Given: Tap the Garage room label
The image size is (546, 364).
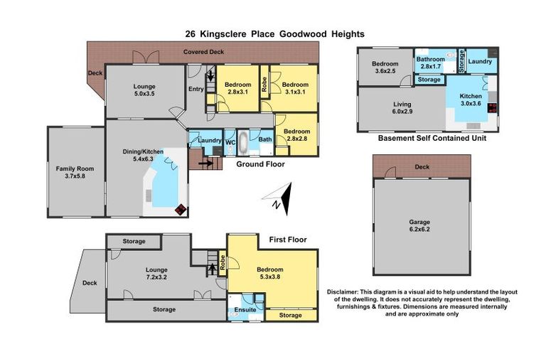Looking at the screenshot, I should coord(420,221).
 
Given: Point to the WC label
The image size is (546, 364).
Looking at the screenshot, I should coord(230,141).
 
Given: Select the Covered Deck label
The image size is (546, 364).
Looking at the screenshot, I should coord(204,52).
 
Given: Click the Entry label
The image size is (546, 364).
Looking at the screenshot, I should coord(196,89).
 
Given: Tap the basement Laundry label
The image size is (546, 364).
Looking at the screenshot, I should coord(481,62).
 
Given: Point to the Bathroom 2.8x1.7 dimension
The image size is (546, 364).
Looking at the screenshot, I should coord(431,66).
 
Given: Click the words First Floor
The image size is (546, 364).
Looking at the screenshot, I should coord(288,240).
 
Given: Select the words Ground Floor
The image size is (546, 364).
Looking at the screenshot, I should coord(262,164).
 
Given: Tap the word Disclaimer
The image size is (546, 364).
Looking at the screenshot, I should coord(346,292).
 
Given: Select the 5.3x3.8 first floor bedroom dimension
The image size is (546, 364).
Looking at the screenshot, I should coord(270,277).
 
